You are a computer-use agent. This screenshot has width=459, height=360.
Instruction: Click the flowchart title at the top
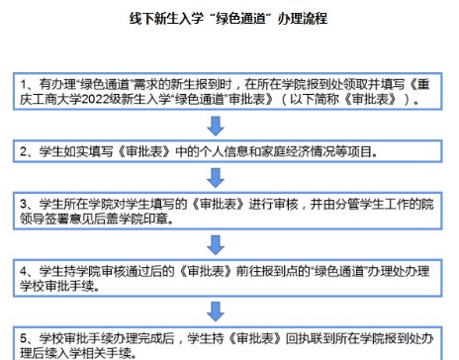[x=229, y=18]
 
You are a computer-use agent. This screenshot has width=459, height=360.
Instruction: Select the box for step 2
[x=229, y=152]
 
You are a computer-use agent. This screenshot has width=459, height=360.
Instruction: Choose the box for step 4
[x=229, y=276]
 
